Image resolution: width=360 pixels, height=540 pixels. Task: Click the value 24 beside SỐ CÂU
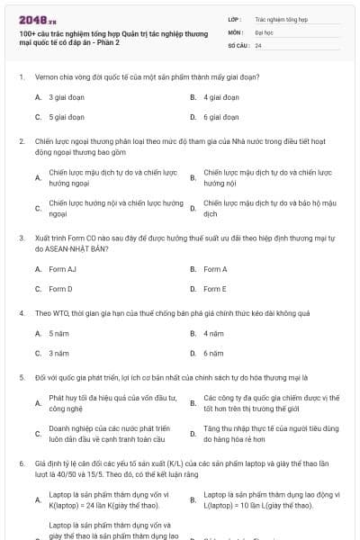[x=258, y=44]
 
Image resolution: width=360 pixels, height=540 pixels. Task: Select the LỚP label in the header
[x=234, y=17]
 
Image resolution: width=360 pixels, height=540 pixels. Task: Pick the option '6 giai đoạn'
[x=220, y=117]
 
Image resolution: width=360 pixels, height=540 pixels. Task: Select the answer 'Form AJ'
[x=62, y=268]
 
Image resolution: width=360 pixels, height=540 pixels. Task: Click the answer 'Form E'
[x=215, y=289]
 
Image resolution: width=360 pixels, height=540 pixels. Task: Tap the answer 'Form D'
[x=60, y=289]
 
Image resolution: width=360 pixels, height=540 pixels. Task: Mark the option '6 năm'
[x=213, y=353]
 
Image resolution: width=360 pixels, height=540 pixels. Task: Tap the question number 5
[x=21, y=377]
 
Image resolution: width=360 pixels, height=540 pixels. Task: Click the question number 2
[x=21, y=141]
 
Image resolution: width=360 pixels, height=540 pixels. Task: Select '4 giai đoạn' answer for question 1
[x=220, y=96]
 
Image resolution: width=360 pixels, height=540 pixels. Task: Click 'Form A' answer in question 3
[x=215, y=268]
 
